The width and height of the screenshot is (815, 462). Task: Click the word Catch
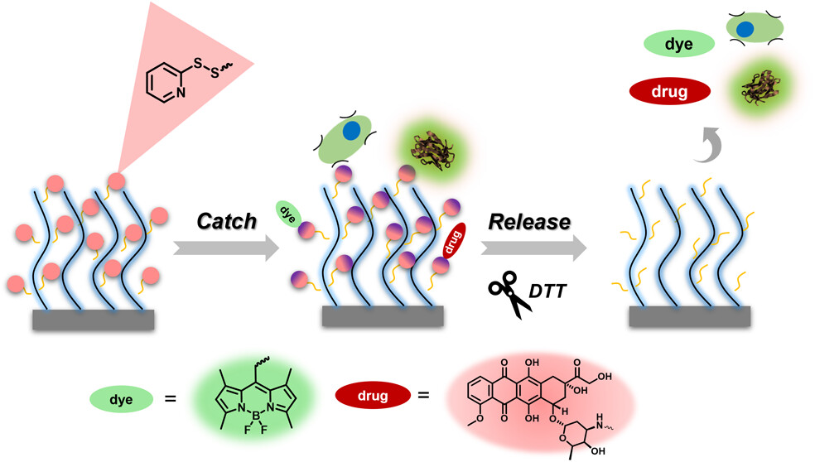(x=226, y=221)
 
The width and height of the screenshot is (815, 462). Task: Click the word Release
(x=529, y=221)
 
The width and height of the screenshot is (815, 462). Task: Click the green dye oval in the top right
(x=678, y=42)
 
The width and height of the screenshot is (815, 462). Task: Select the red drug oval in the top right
(x=671, y=90)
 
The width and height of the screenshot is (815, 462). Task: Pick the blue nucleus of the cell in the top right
(x=745, y=30)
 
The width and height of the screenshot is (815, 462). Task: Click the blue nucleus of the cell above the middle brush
(x=352, y=131)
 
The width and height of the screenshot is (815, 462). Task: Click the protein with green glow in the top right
(x=755, y=87)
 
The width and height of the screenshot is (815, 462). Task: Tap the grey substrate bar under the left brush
(x=92, y=320)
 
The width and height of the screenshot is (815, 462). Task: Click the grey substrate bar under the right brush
(x=690, y=316)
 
